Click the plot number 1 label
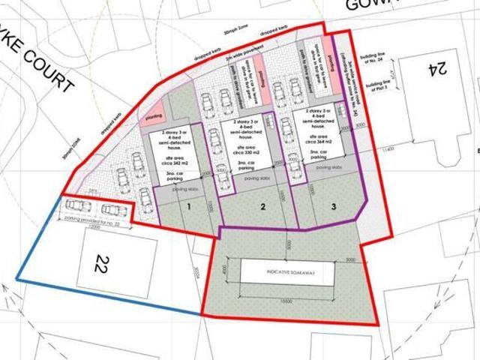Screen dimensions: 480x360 [190, 205]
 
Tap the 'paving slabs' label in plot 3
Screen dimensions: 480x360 [329, 168]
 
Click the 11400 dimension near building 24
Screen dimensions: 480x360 [386, 150]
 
